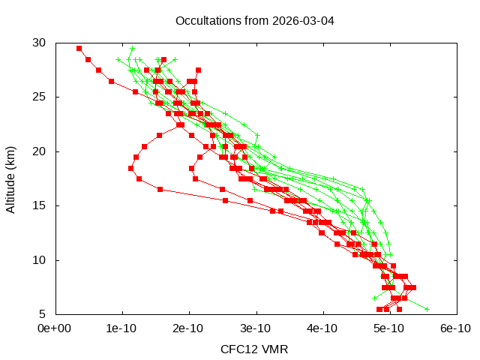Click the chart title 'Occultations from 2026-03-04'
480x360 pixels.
pyautogui.click(x=254, y=20)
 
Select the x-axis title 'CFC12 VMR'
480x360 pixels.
pyautogui.click(x=254, y=349)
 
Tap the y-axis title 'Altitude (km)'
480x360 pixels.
pyautogui.click(x=11, y=178)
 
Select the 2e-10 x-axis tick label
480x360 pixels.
pyautogui.click(x=188, y=328)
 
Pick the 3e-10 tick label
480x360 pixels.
pyautogui.click(x=255, y=328)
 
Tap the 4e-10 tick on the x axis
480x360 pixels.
pyautogui.click(x=322, y=328)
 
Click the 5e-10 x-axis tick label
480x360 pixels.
pyautogui.click(x=388, y=328)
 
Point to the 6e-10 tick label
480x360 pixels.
pyautogui.click(x=455, y=328)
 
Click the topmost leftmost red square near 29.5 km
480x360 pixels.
pyautogui.click(x=79, y=48)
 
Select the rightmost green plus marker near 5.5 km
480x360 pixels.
pyautogui.click(x=427, y=309)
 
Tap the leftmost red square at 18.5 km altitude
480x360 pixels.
pyautogui.click(x=130, y=168)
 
